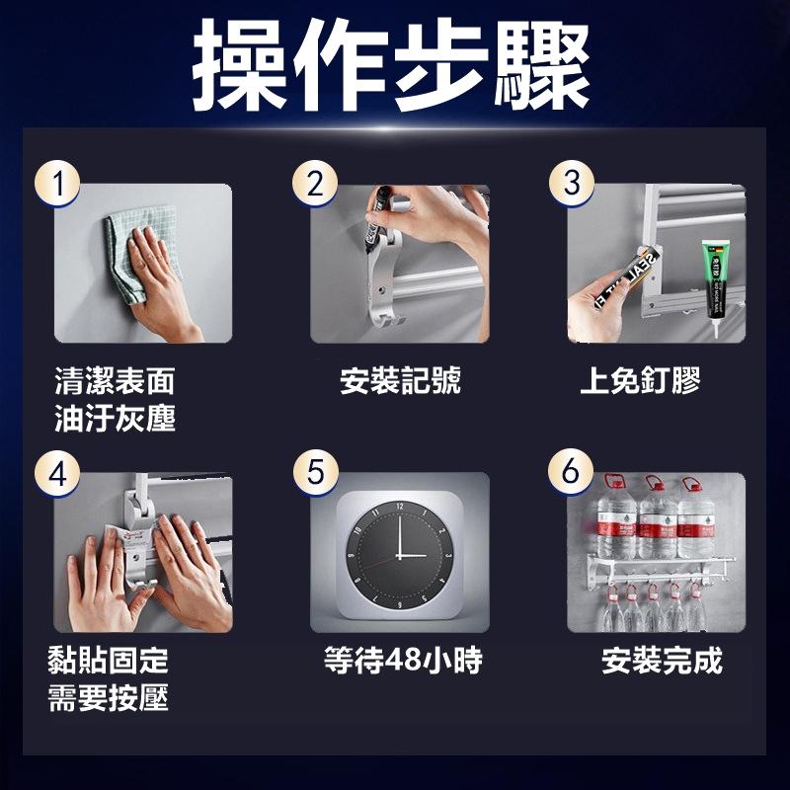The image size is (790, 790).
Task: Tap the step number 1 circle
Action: [x=60, y=185]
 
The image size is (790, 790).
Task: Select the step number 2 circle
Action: [x=316, y=185]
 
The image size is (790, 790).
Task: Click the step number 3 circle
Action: [x=572, y=185]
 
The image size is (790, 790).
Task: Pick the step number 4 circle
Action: [x=60, y=473]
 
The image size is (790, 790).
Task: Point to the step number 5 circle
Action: [x=316, y=473]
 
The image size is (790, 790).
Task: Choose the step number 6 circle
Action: [x=572, y=473]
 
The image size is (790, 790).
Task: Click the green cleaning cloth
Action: [x=133, y=252]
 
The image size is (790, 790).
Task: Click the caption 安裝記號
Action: [x=400, y=381]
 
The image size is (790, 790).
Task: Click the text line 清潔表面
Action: [x=114, y=381]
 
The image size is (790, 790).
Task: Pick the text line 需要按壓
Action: [x=109, y=698]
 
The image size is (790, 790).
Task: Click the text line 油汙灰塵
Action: [x=114, y=419]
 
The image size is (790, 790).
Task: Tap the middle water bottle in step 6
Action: [x=657, y=518]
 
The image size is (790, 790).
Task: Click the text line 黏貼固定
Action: [x=109, y=661]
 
